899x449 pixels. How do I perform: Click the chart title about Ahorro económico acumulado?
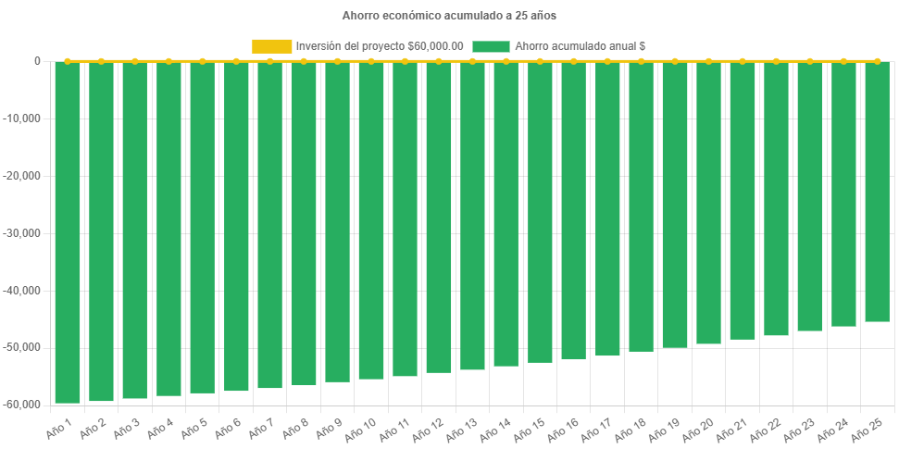(449, 16)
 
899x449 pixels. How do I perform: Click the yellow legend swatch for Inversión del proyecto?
(271, 45)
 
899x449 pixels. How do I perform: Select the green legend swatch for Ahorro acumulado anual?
(491, 45)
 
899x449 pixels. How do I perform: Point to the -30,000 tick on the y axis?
(24, 233)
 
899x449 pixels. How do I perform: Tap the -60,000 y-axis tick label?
(24, 405)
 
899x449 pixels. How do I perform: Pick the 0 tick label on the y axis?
(38, 62)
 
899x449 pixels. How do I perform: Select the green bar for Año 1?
(68, 231)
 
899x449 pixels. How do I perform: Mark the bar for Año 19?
(675, 205)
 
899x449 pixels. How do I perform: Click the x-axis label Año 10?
(362, 429)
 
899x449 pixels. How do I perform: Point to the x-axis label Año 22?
(767, 429)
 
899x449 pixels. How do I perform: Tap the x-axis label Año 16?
(565, 429)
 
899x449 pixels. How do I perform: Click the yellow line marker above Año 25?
(877, 61)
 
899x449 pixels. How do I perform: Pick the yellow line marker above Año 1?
(68, 61)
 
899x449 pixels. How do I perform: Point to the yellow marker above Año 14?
(506, 61)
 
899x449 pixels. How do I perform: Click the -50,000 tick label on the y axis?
(24, 347)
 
